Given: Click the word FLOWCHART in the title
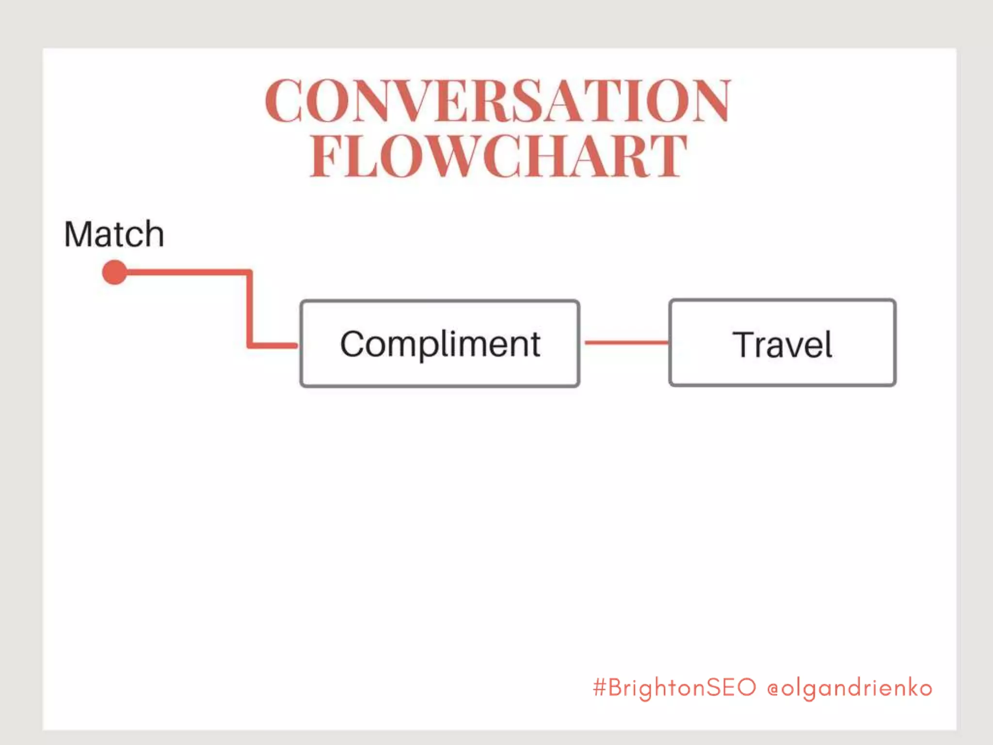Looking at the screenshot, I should pyautogui.click(x=498, y=156).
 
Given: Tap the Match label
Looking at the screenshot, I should pyautogui.click(x=114, y=234).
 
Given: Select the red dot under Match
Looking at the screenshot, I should pyautogui.click(x=114, y=272).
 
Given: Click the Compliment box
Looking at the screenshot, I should pyautogui.click(x=440, y=343).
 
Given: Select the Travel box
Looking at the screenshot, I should pyautogui.click(x=782, y=343).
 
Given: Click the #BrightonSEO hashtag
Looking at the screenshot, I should pyautogui.click(x=674, y=688).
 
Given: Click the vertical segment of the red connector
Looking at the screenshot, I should pyautogui.click(x=250, y=308).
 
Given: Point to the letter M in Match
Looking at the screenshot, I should pyautogui.click(x=78, y=234).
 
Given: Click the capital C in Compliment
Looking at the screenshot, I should pyautogui.click(x=352, y=344).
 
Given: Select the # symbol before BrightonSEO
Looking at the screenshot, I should pyautogui.click(x=600, y=688).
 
